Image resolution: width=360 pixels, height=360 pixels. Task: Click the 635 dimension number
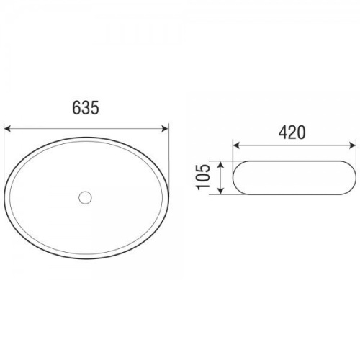pyautogui.click(x=86, y=108)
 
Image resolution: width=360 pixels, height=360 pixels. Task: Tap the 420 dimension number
pyautogui.click(x=292, y=132)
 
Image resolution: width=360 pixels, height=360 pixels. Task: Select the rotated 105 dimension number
pyautogui.click(x=203, y=177)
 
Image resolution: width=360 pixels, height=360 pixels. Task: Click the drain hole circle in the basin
pyautogui.click(x=85, y=197)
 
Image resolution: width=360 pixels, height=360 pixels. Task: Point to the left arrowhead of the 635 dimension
pyautogui.click(x=8, y=129)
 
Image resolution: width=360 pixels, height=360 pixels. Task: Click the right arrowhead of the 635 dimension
pyautogui.click(x=166, y=129)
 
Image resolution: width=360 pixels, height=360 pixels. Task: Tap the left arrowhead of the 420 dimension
pyautogui.click(x=236, y=145)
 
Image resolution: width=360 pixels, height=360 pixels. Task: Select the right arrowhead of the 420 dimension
pyautogui.click(x=352, y=145)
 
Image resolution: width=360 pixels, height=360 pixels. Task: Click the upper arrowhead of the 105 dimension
pyautogui.click(x=221, y=164)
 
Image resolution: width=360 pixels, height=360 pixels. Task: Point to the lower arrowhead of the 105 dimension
pyautogui.click(x=221, y=191)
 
